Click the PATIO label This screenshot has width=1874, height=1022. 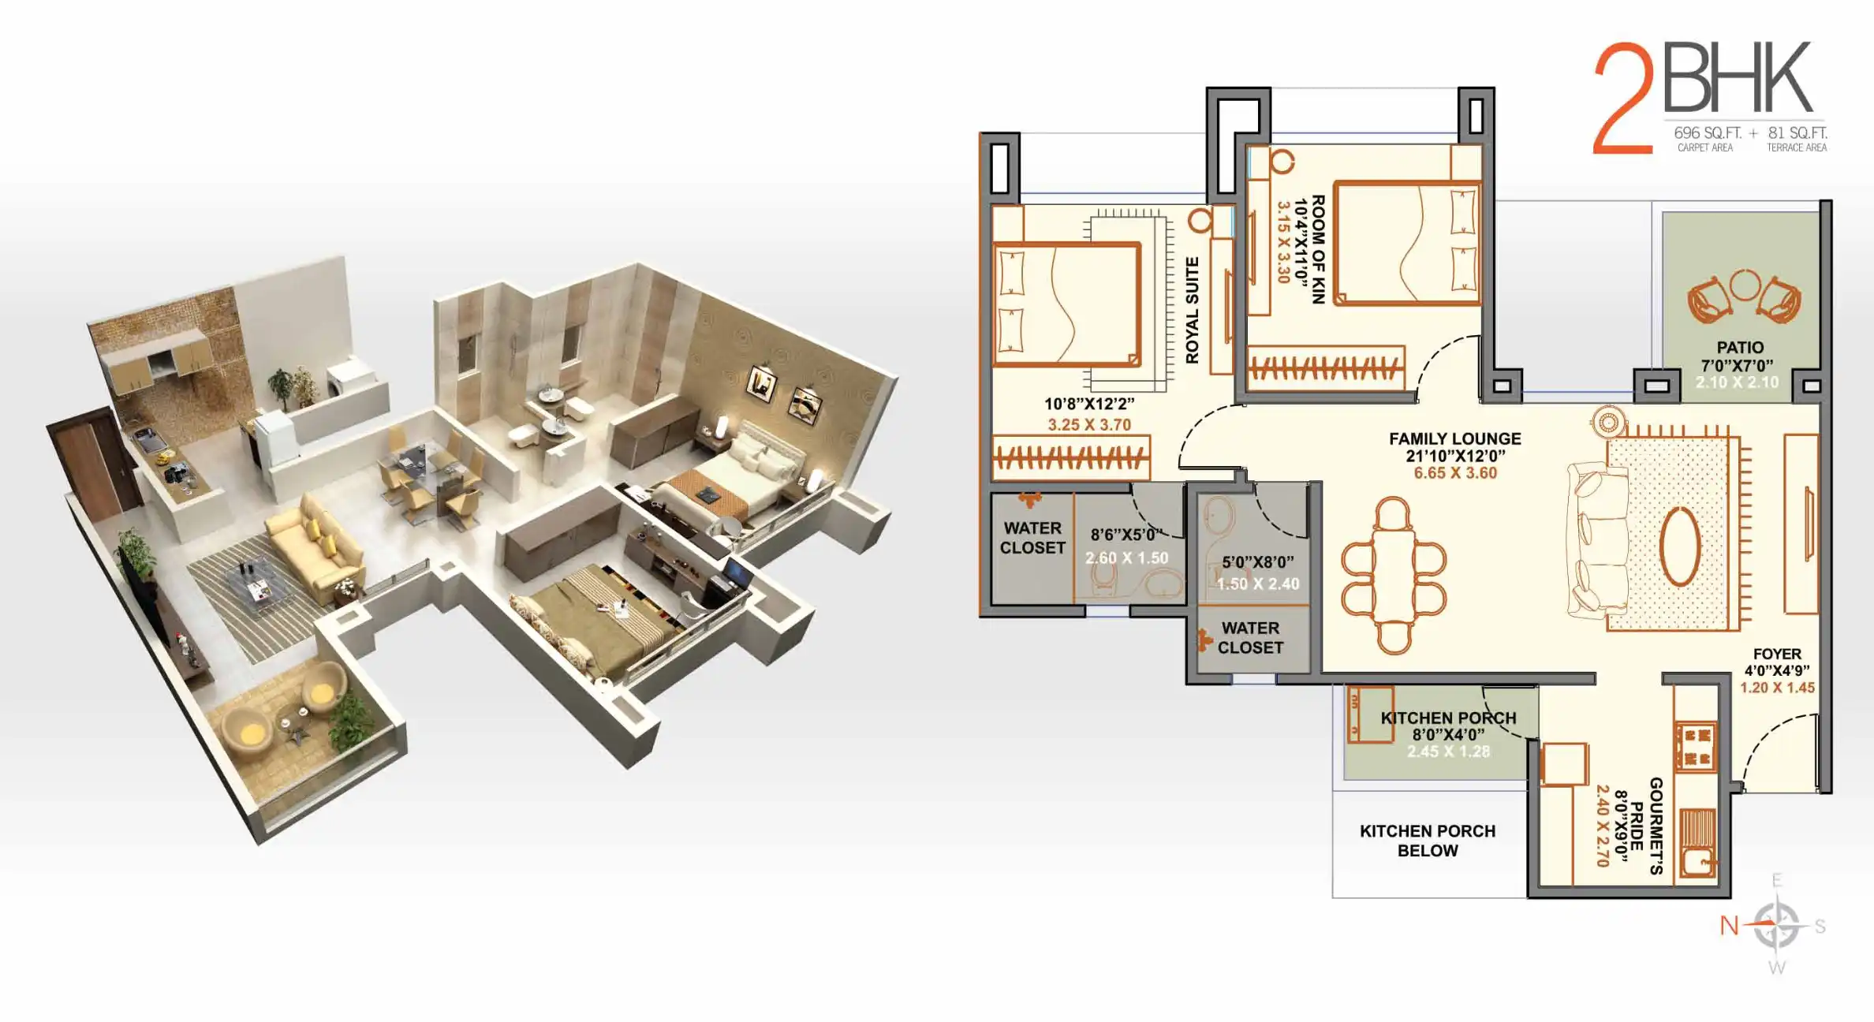(x=1740, y=348)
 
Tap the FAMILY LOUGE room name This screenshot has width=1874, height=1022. (x=1455, y=438)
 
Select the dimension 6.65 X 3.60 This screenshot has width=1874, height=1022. (x=1455, y=473)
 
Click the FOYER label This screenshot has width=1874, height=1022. (x=1777, y=654)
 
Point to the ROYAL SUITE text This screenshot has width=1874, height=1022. (x=1192, y=310)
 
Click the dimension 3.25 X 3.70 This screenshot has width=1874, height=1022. (x=1089, y=425)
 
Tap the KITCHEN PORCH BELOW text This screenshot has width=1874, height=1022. (x=1428, y=841)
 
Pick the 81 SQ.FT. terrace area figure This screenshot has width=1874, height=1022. (x=1797, y=133)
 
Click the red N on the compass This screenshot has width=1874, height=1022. (x=1729, y=925)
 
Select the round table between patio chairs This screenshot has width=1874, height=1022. (x=1745, y=285)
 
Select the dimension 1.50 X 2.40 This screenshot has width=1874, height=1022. (x=1258, y=584)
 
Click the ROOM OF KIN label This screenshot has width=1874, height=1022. (x=1318, y=249)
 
